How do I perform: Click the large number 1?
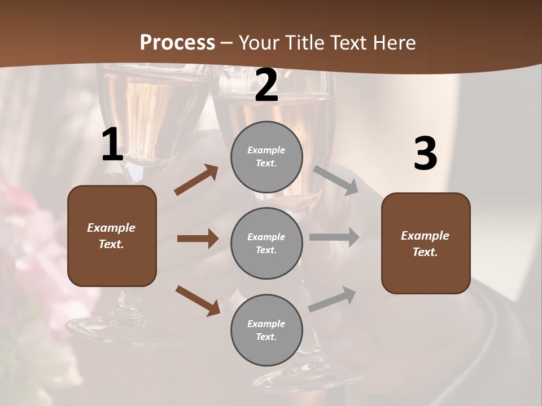[112, 145]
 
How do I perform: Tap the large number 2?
[266, 86]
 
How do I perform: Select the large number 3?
[425, 153]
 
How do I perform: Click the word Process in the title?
[177, 42]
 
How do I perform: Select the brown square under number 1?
[112, 236]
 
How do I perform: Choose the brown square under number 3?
[426, 243]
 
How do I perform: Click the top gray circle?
[266, 157]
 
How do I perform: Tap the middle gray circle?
[266, 243]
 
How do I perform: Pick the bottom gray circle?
[266, 330]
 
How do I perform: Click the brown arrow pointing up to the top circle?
[196, 180]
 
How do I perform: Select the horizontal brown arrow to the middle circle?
[198, 239]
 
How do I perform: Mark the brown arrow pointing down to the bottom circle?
[198, 300]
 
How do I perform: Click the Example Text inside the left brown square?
[111, 236]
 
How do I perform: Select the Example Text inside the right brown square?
[425, 244]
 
